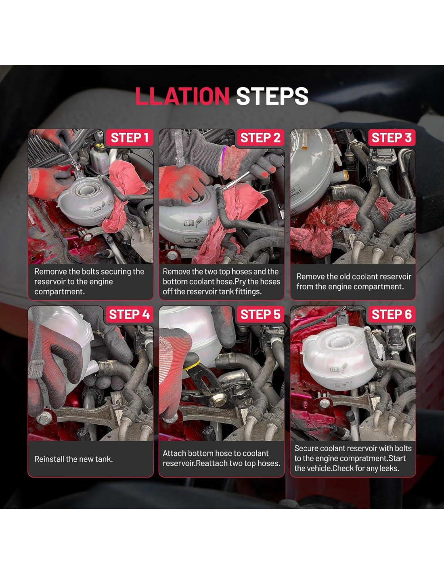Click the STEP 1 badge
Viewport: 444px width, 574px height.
tap(130, 138)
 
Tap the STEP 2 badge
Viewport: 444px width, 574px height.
tap(260, 138)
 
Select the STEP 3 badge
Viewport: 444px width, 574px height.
tap(392, 138)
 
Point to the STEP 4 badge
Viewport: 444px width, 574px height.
tap(130, 314)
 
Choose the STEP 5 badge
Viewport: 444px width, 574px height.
tap(260, 314)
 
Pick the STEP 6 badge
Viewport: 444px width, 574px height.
tap(392, 314)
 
